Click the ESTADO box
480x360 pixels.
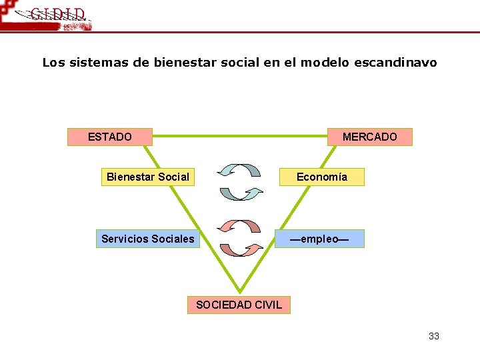pyautogui.click(x=110, y=137)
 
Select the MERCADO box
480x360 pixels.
pyautogui.click(x=369, y=137)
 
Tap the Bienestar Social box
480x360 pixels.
pyautogui.click(x=148, y=177)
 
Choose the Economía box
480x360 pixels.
pyautogui.click(x=321, y=177)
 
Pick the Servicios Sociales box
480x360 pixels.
pyautogui.click(x=148, y=239)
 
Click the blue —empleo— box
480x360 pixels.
pyautogui.click(x=320, y=239)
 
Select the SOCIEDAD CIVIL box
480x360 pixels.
pyautogui.click(x=239, y=305)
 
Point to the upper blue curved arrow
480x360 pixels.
pyautogui.click(x=239, y=170)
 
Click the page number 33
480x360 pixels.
pyautogui.click(x=434, y=336)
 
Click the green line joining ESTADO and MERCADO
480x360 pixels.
pyautogui.click(x=240, y=137)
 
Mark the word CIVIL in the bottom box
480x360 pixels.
pyautogui.click(x=267, y=305)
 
